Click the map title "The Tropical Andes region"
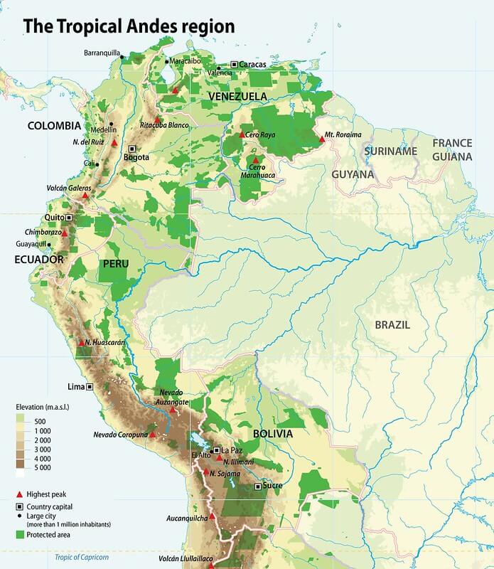tap(129, 26)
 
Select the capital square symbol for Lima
tap(90, 388)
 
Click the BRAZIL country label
tap(393, 324)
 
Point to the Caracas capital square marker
tap(234, 65)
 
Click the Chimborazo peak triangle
tap(65, 233)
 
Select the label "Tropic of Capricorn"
tap(82, 558)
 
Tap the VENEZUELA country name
tap(237, 96)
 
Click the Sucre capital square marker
tap(257, 486)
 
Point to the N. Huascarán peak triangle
tap(81, 343)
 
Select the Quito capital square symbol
tap(69, 218)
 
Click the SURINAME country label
tap(390, 151)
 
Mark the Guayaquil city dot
tap(49, 245)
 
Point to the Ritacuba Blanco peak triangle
tap(158, 119)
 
